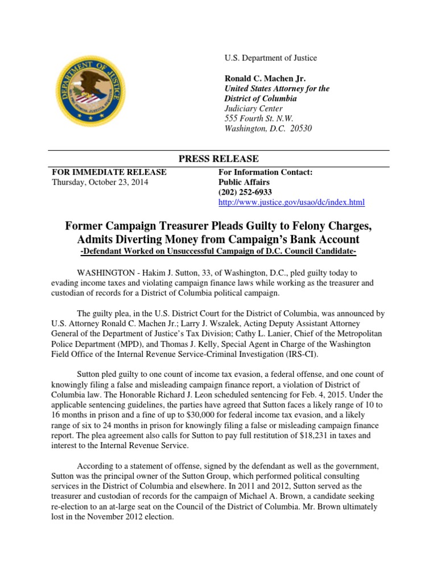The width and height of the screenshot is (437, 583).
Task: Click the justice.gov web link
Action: coord(292,203)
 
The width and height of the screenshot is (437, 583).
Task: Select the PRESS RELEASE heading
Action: coord(218,159)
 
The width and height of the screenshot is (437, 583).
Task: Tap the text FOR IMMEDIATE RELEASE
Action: coord(109,172)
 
